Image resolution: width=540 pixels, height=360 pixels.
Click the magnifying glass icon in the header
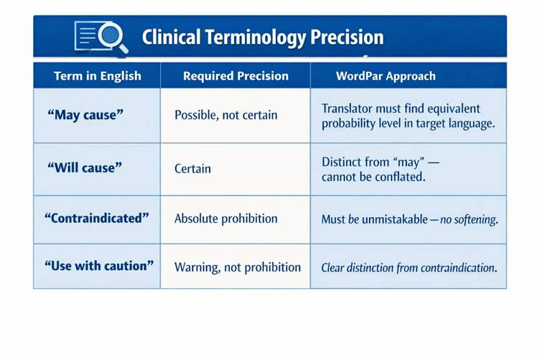coord(113,37)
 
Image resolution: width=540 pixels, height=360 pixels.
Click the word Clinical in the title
coord(171,37)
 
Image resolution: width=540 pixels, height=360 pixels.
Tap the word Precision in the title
coord(347,37)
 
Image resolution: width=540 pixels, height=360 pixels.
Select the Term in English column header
coord(98,75)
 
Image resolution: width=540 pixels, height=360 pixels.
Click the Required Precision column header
coord(236,75)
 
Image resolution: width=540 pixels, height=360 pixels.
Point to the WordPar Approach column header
coord(386,75)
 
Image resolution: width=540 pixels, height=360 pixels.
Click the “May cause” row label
coord(85,115)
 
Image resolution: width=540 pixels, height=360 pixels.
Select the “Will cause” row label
coord(85,167)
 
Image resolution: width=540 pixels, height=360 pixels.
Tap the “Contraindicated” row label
coord(96,218)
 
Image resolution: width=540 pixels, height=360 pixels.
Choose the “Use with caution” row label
coord(99,266)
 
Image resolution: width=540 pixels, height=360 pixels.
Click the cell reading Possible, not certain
coord(225,115)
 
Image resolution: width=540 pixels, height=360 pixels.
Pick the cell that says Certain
coord(192,168)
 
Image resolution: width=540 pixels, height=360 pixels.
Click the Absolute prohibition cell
coord(225,218)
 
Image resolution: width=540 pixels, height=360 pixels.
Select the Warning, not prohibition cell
coord(237,267)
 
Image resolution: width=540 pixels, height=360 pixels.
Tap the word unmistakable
coord(395,219)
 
